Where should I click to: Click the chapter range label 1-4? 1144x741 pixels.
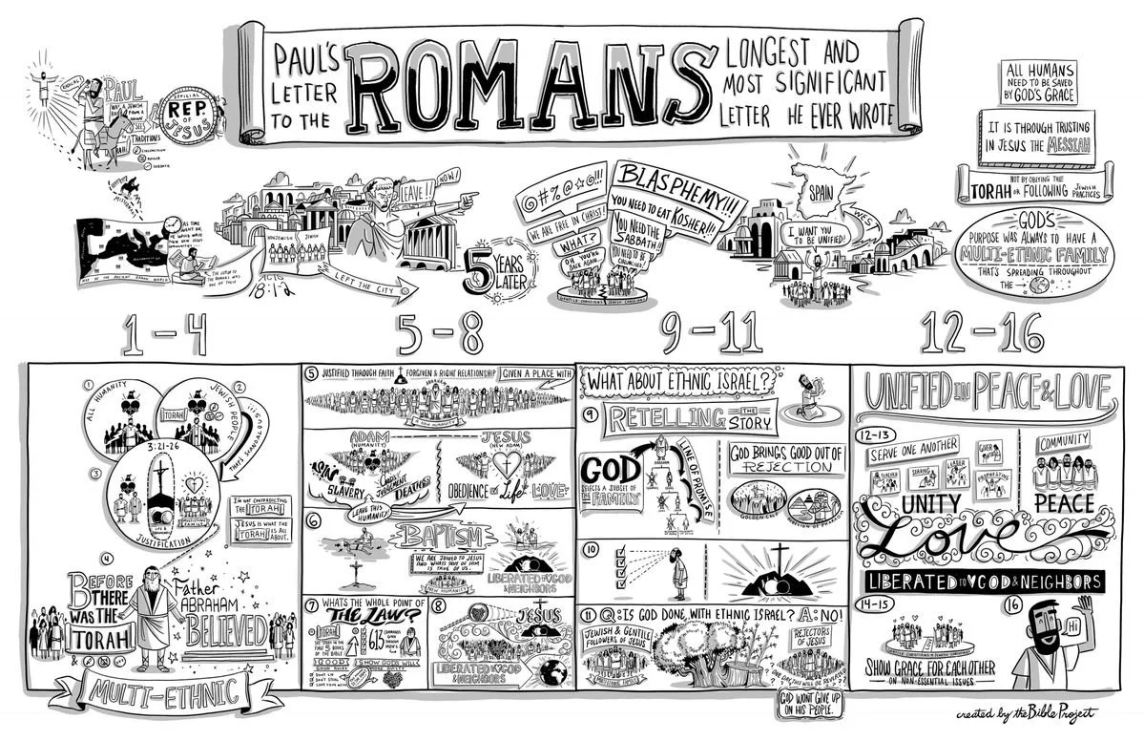point(163,333)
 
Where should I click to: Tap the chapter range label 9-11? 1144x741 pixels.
point(713,333)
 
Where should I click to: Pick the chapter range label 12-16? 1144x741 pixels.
point(982,333)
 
